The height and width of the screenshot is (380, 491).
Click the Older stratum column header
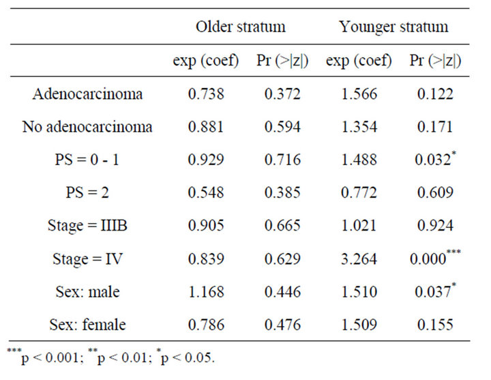pyautogui.click(x=241, y=27)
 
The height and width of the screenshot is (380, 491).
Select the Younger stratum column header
pyautogui.click(x=393, y=27)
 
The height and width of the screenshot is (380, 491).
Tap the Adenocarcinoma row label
pyautogui.click(x=87, y=94)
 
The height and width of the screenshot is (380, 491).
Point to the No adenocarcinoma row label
pyautogui.click(x=87, y=127)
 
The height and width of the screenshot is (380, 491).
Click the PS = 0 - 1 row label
pyautogui.click(x=87, y=160)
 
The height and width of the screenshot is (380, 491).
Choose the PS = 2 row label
pyautogui.click(x=87, y=193)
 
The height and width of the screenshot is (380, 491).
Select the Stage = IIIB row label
pyautogui.click(x=87, y=226)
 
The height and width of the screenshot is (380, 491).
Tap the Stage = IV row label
pyautogui.click(x=87, y=259)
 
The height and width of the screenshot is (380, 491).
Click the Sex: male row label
pyautogui.click(x=87, y=292)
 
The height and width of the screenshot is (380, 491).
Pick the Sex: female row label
pyautogui.click(x=87, y=325)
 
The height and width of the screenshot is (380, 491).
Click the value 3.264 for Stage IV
pyautogui.click(x=359, y=259)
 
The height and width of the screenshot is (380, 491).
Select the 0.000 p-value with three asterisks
pyautogui.click(x=431, y=259)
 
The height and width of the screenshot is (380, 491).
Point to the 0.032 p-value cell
pyautogui.click(x=431, y=160)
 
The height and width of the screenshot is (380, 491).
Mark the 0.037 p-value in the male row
pyautogui.click(x=431, y=292)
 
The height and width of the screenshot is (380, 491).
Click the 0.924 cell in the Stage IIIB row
pyautogui.click(x=431, y=226)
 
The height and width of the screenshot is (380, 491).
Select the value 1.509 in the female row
pyautogui.click(x=359, y=325)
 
